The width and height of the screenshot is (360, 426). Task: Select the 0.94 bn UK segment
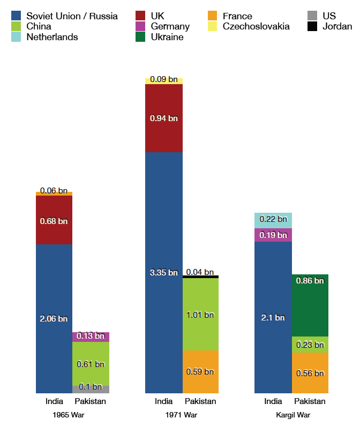point(164,118)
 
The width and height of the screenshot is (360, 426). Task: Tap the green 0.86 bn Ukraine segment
point(310,305)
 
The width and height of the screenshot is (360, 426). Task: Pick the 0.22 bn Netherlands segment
point(273,220)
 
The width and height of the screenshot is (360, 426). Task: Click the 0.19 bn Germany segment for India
point(273,235)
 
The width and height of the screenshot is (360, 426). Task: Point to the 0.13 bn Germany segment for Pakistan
point(91,337)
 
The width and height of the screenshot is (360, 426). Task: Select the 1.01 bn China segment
point(201,314)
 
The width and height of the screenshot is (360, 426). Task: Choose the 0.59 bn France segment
point(201,371)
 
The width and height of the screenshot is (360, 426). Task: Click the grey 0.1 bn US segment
point(91,389)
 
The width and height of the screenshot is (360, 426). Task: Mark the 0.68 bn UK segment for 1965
point(54,220)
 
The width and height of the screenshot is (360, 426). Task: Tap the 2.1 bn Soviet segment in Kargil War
point(273,317)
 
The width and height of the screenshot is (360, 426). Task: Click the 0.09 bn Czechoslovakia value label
point(164,80)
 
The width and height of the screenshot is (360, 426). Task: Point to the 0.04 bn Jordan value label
point(200,272)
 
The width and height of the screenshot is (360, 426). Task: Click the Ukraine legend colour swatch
point(140,37)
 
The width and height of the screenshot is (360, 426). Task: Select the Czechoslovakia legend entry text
point(256,26)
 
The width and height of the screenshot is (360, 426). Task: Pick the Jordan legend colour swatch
point(312,26)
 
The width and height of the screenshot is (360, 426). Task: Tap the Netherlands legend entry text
point(52,37)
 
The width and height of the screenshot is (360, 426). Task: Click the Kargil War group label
point(292,415)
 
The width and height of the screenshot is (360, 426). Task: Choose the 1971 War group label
point(182,415)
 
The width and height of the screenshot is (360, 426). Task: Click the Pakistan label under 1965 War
point(91,401)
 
